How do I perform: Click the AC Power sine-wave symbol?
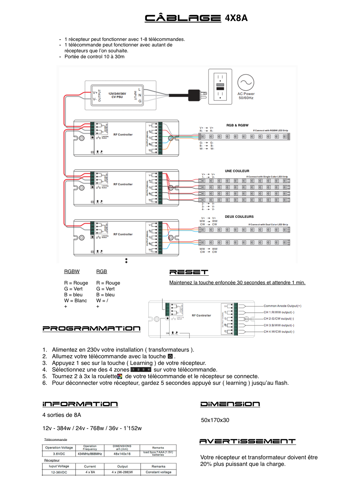pos(246,83)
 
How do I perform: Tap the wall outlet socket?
pos(220,87)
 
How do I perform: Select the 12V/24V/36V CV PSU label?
pos(117,95)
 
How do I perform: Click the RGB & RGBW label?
pos(237,125)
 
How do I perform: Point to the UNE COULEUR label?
pos(237,171)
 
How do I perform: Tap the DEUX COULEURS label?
pos(239,217)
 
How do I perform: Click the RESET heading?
pos(188,272)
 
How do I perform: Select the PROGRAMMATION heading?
pos(91,328)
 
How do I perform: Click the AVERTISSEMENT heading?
pos(247,441)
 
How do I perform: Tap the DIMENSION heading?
pos(230,404)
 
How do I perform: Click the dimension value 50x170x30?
pos(215,420)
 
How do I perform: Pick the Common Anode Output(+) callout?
pos(282,306)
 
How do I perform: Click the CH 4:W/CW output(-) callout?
pos(279,332)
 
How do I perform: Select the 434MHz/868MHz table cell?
pos(90,454)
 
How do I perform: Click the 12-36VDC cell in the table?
pos(59,472)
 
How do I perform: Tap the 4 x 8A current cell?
pos(90,472)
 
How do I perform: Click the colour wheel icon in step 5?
pos(120,376)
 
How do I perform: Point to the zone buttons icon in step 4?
pos(141,370)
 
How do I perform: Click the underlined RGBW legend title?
pos(72,272)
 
